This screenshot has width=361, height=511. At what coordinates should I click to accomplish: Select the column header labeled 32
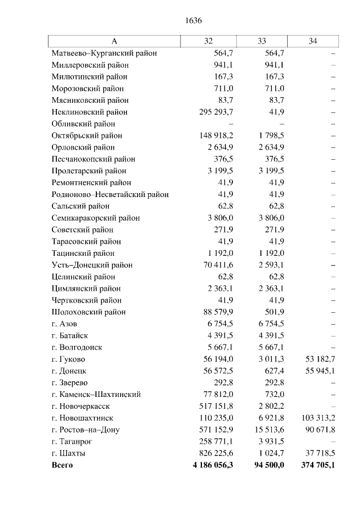click(x=208, y=41)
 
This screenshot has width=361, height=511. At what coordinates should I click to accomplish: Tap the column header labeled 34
click(x=313, y=41)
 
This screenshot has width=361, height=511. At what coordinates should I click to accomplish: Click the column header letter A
click(x=114, y=41)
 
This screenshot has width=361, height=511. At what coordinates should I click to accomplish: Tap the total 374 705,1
click(x=314, y=465)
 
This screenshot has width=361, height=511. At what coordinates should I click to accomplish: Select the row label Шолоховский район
click(x=89, y=312)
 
